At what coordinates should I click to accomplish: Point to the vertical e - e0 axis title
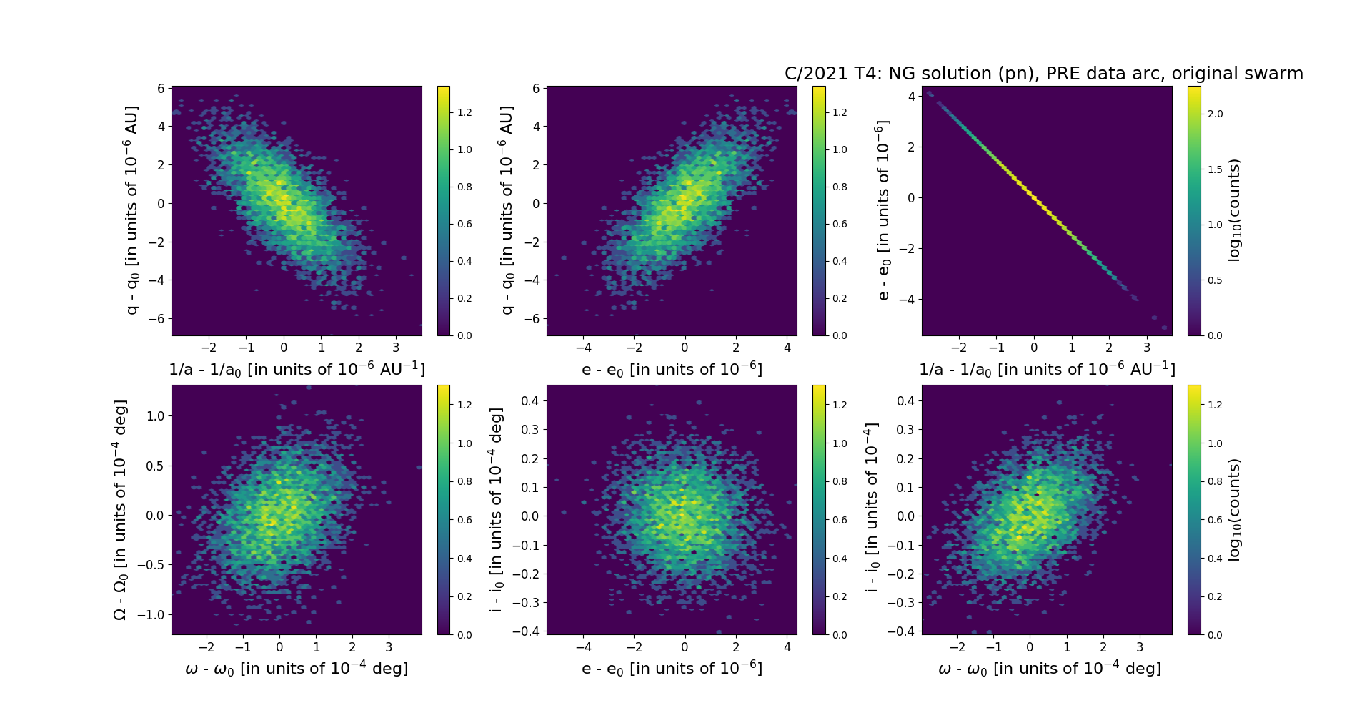click(883, 210)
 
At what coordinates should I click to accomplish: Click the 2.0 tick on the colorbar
click(1215, 114)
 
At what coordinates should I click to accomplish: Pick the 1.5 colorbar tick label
click(1215, 169)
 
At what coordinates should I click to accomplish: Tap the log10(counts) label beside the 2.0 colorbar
click(1234, 210)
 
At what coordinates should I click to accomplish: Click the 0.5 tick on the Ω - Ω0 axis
click(155, 466)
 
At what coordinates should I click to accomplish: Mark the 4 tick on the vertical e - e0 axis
click(910, 96)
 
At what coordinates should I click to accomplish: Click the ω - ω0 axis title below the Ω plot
click(297, 669)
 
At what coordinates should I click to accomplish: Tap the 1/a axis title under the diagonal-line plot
click(1047, 369)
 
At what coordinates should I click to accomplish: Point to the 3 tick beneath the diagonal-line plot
click(1147, 348)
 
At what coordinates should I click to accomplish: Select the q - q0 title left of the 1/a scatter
click(131, 210)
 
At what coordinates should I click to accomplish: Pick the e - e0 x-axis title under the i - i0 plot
click(672, 669)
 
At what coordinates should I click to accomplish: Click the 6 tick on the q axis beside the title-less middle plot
click(536, 89)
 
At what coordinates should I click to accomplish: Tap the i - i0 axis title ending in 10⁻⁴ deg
click(496, 510)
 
